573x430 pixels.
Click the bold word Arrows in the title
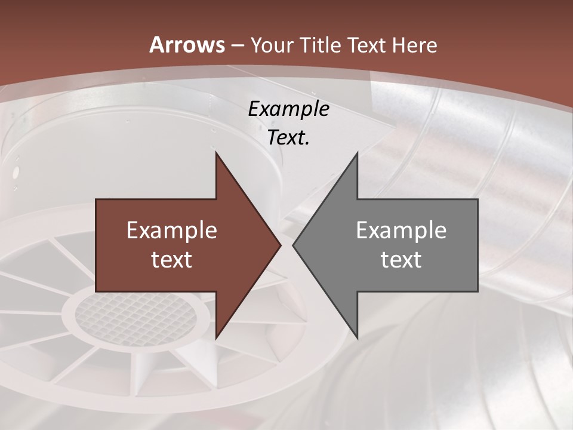click(x=187, y=45)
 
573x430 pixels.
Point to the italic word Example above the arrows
click(x=288, y=109)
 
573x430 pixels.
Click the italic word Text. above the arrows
click(x=288, y=138)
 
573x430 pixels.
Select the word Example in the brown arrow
click(x=172, y=230)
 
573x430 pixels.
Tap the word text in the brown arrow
click(x=172, y=259)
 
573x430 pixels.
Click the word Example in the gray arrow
click(x=401, y=230)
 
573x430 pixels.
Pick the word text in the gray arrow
click(x=401, y=259)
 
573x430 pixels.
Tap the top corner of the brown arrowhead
click(x=216, y=153)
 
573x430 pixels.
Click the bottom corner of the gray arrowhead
click(x=357, y=337)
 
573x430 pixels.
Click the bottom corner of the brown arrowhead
click(x=216, y=337)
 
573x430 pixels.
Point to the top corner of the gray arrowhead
click(x=357, y=153)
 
